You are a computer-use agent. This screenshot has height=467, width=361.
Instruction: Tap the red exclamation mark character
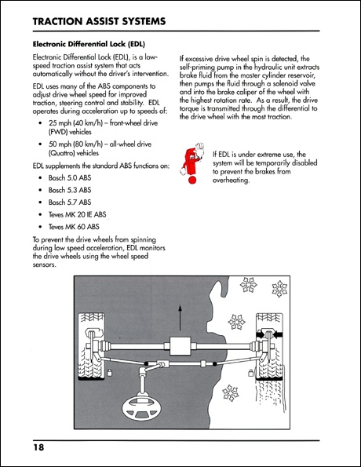[x=189, y=164]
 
